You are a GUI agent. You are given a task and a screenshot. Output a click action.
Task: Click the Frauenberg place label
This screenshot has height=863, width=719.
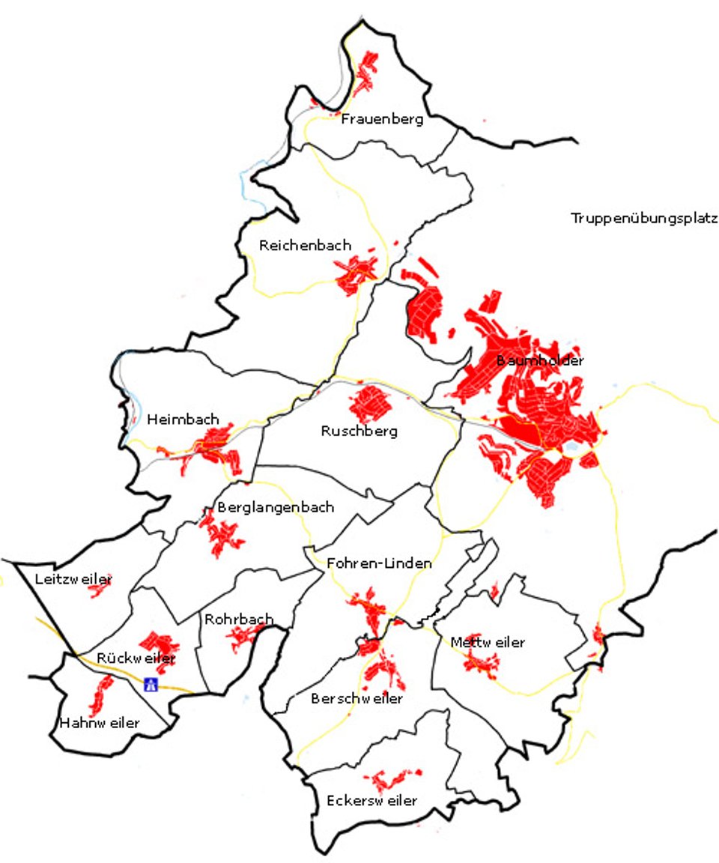[382, 119]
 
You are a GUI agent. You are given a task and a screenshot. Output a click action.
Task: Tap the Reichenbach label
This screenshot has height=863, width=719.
[305, 246]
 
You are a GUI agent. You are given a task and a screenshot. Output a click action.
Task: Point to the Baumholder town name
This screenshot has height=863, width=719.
[540, 361]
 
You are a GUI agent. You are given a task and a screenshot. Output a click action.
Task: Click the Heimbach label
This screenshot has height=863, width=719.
[183, 420]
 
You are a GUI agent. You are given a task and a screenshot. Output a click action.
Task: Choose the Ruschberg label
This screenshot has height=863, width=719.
[359, 431]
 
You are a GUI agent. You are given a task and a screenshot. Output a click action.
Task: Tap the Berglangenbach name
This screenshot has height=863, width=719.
[276, 508]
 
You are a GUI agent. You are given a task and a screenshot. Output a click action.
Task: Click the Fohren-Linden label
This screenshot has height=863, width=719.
[379, 564]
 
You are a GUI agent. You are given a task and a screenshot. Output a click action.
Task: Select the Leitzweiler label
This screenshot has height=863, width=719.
[73, 579]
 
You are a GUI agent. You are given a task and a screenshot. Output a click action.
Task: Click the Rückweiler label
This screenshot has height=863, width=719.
[136, 658]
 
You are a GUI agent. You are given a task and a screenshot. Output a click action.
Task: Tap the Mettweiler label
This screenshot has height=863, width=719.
[488, 643]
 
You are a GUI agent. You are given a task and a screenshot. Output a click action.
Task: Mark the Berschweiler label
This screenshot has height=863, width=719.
[357, 699]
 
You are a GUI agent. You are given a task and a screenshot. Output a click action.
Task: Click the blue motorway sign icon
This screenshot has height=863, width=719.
[151, 684]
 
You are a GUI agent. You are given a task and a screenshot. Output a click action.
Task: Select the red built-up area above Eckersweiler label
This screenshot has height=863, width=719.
[391, 779]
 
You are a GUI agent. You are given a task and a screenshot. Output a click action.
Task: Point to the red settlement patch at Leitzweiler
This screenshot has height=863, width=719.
[98, 590]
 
